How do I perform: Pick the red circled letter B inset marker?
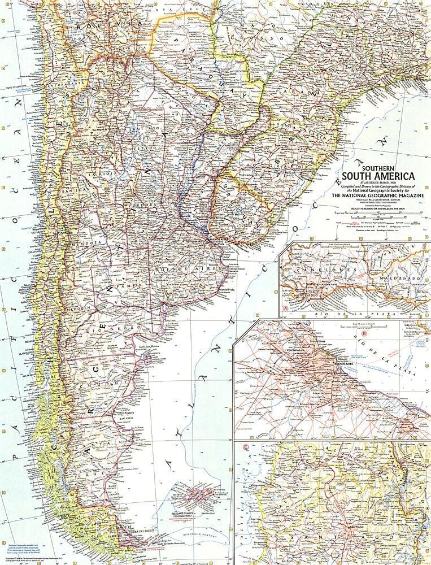(x=364, y=333)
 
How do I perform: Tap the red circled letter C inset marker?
(x=244, y=450)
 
